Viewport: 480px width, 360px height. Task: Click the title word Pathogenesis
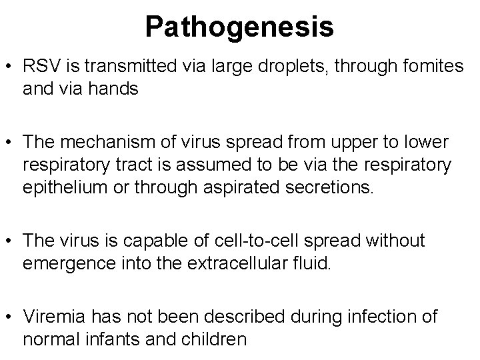pyautogui.click(x=239, y=27)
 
